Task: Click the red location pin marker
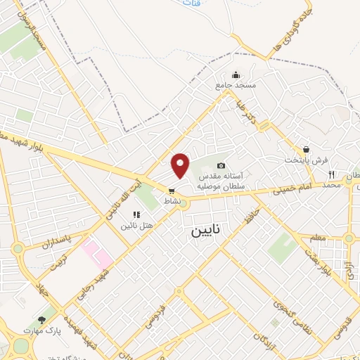click(181, 165)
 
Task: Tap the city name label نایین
click(202, 231)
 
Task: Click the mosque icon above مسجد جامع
click(236, 75)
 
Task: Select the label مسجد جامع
click(236, 85)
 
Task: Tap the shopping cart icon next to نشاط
click(171, 191)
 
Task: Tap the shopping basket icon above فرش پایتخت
click(306, 150)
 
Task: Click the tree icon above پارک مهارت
click(42, 320)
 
